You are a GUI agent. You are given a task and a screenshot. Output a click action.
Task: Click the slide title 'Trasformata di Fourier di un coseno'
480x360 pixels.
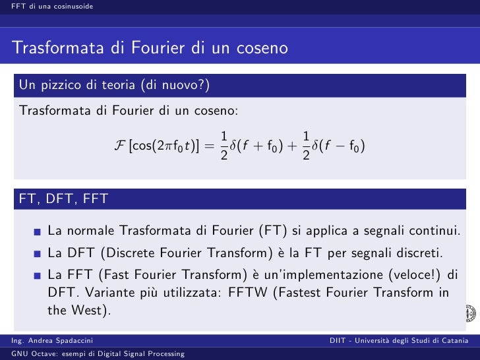click(150, 49)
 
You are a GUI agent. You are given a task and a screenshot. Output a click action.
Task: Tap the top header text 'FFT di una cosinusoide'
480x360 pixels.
click(47, 7)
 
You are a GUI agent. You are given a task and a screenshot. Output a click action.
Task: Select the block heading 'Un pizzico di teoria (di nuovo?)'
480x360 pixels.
click(115, 84)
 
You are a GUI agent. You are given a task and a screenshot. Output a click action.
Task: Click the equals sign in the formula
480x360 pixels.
click(210, 146)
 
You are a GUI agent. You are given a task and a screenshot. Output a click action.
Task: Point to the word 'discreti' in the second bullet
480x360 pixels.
click(419, 253)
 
